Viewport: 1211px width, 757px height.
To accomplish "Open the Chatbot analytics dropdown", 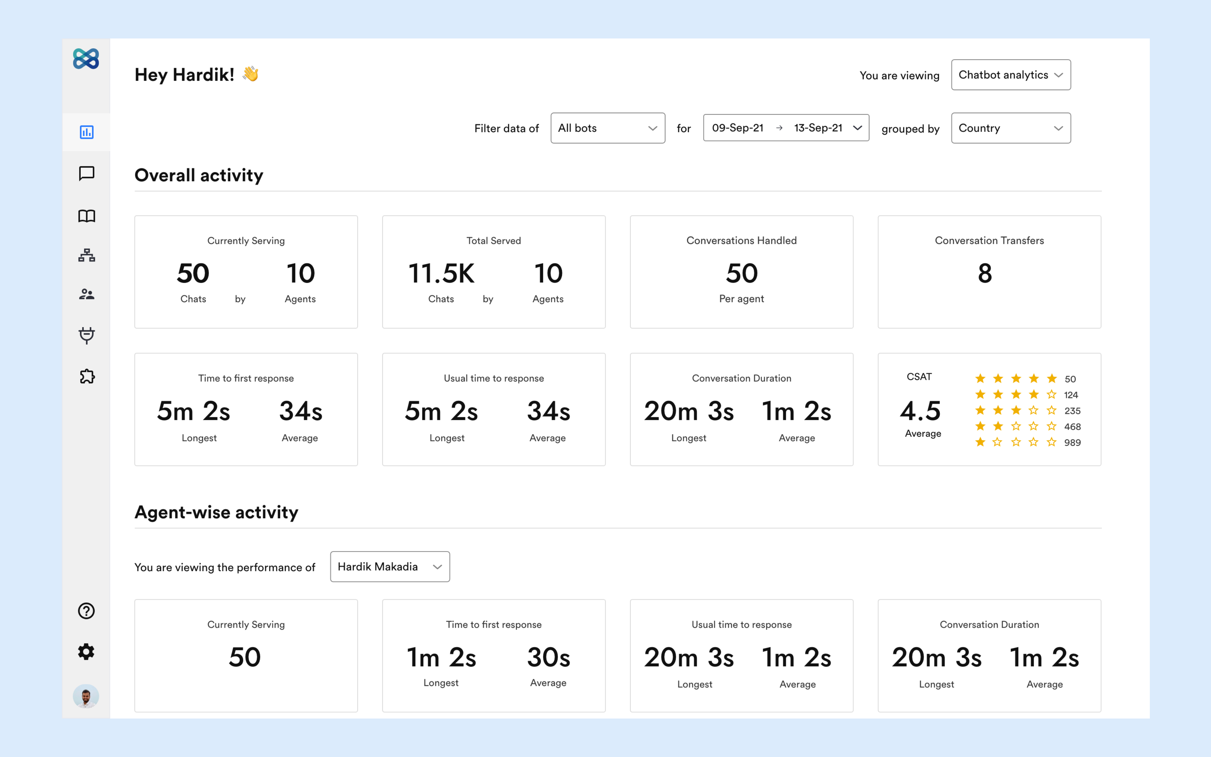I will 1010,75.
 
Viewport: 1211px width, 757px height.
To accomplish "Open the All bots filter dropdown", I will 607,128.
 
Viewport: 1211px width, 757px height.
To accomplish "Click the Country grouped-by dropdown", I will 1010,128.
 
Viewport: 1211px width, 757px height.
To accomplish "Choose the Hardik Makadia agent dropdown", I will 389,567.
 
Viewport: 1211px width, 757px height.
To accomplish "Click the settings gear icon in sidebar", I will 86,651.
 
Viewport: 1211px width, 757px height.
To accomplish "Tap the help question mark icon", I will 86,611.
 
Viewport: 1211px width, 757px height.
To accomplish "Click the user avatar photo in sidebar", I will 86,696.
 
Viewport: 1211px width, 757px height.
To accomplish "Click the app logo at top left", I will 86,59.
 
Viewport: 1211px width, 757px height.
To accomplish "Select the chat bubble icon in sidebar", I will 87,173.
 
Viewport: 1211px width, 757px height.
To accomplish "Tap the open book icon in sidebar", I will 87,216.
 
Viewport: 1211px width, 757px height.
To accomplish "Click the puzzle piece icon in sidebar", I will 87,376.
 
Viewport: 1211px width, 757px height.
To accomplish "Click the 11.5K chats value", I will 441,273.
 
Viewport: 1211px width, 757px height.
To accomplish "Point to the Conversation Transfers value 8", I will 984,273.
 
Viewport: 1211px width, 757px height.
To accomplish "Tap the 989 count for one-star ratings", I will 1072,443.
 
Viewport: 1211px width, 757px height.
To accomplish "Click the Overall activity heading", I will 199,175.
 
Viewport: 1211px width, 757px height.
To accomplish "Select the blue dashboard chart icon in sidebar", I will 87,132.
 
